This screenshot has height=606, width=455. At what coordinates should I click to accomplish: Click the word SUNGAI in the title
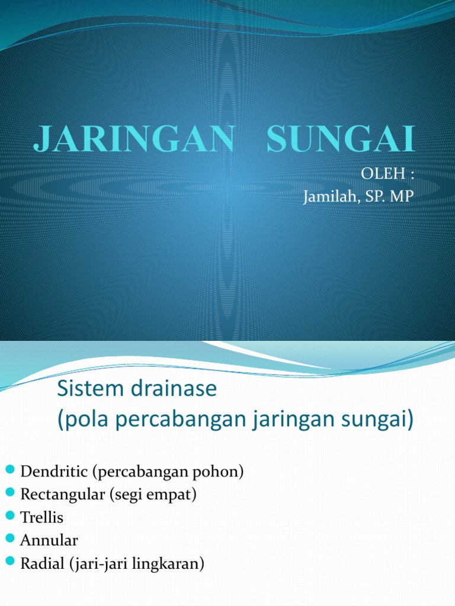(341, 140)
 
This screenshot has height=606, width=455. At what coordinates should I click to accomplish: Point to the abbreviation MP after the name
(402, 196)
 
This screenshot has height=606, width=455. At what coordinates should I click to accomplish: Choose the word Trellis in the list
(41, 518)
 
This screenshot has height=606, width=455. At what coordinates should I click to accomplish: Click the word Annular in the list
(49, 540)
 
